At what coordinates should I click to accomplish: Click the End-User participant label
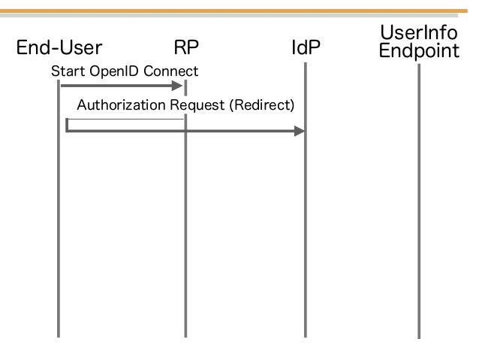coord(59,47)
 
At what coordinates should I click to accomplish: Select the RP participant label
coord(186,47)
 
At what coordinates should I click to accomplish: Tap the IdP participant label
coord(306,47)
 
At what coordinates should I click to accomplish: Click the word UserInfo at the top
coord(419,32)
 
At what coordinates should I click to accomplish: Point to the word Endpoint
coord(419,51)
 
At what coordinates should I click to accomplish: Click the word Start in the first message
coord(68,71)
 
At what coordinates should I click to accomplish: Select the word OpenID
coord(115,71)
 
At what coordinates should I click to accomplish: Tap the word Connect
coord(170,71)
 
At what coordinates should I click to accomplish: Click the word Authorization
coord(122,105)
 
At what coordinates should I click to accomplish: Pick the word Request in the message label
coord(197,105)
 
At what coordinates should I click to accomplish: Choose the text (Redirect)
coord(262,105)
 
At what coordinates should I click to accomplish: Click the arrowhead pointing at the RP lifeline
coord(177,86)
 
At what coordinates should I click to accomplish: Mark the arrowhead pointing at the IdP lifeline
coord(300,132)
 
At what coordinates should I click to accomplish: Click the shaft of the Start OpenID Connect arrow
coord(116,86)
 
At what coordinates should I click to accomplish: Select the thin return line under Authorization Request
coord(125,119)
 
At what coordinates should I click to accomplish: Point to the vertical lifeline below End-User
coord(59,209)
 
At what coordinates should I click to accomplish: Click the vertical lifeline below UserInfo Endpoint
coord(419,201)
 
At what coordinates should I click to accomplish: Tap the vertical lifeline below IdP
coord(306,200)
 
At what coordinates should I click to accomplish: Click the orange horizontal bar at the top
coord(233,11)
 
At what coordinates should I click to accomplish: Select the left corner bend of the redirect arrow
coord(67,131)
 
